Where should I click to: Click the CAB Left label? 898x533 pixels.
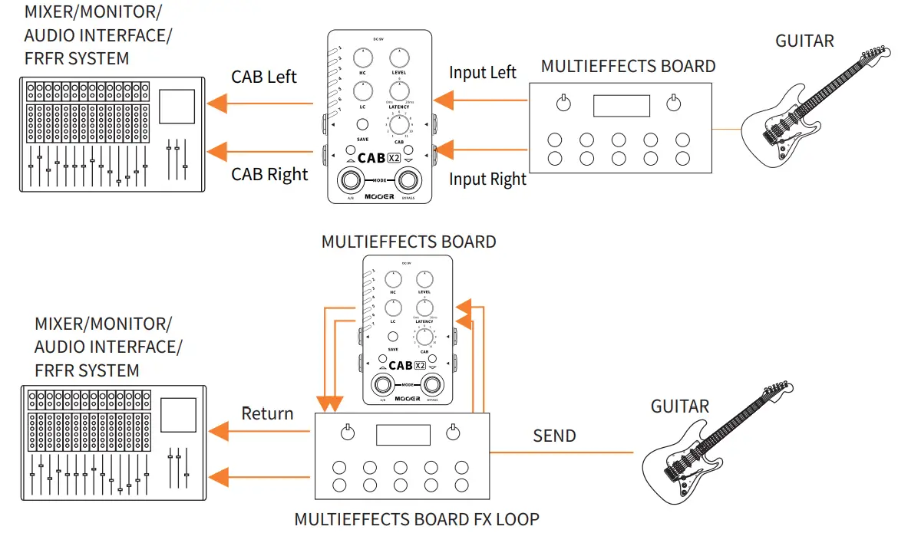tap(264, 77)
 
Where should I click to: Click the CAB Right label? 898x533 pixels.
tap(269, 175)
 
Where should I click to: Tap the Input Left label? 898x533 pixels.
tap(483, 73)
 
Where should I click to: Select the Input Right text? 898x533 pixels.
tap(487, 179)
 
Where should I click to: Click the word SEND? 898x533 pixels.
tap(554, 436)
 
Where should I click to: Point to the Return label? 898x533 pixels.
tap(267, 414)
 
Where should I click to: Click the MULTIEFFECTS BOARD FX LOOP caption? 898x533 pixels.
tap(417, 519)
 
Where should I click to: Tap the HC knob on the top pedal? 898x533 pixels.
tap(362, 57)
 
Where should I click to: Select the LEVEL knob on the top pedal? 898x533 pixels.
tap(398, 57)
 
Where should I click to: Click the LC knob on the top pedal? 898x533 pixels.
tap(362, 91)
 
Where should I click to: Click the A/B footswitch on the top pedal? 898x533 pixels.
tap(352, 182)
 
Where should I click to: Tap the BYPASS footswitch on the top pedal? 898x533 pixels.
tap(408, 182)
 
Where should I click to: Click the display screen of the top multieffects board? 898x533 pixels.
tap(622, 106)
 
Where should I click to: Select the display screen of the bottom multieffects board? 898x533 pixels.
tap(403, 435)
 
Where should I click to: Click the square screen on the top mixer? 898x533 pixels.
tap(177, 106)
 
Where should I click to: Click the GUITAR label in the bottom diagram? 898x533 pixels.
tap(680, 406)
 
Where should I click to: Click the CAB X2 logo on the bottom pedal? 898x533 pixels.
tap(408, 366)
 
